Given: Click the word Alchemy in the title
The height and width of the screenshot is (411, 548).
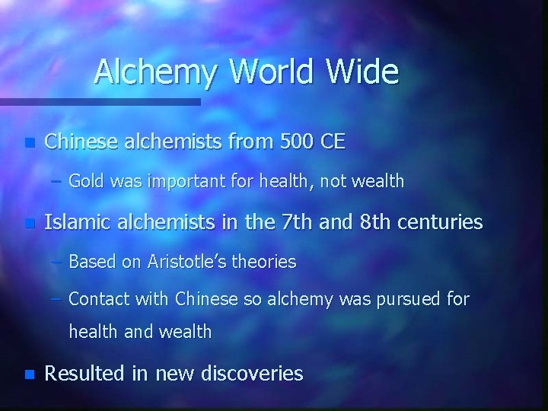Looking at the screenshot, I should [x=157, y=72].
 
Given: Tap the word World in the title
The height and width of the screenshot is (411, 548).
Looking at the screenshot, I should [x=271, y=72].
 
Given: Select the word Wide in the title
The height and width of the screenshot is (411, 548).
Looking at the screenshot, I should [x=362, y=72].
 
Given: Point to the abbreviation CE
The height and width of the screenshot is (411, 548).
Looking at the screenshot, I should [x=333, y=142].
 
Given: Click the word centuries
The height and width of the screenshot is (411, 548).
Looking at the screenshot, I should [x=443, y=222].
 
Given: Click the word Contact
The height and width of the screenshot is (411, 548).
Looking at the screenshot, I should [x=97, y=299].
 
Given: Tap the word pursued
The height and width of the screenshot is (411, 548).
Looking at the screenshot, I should [x=406, y=300].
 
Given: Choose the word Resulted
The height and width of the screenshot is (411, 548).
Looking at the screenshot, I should [x=84, y=374].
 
